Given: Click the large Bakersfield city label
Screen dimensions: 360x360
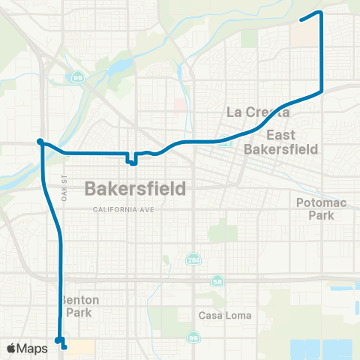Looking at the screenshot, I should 135,187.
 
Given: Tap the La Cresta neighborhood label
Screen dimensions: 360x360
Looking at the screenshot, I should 257,112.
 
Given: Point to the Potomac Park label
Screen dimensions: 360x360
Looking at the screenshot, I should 319,208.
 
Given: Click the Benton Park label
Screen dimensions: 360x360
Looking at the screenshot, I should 79,305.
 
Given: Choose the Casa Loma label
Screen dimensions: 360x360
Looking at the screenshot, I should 218,316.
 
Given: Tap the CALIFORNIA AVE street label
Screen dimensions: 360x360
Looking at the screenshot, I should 124,209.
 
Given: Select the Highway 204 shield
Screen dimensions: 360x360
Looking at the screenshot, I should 193,259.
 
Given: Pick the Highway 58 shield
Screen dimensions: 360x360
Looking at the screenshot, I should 217,280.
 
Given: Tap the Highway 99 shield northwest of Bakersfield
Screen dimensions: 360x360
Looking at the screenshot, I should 77,76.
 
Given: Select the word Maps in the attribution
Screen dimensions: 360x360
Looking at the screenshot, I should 33,348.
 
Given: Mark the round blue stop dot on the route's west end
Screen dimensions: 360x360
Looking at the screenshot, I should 40,141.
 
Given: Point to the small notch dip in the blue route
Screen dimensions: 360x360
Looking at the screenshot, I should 131,160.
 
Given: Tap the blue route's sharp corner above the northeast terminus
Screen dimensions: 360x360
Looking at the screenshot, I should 321,13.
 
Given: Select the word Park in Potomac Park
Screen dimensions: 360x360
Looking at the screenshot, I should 319,215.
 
